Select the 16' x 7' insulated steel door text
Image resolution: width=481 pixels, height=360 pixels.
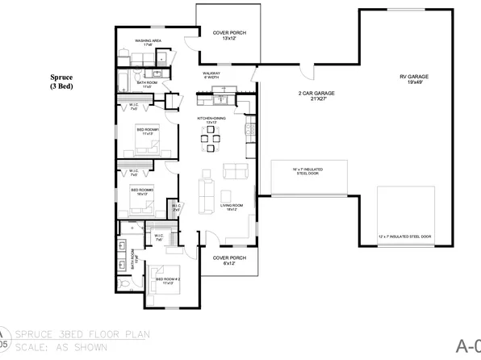309,171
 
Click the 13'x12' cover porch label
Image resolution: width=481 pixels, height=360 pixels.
229,35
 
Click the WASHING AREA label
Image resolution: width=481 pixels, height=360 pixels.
149,42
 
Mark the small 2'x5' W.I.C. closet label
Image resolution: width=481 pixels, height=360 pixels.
176,207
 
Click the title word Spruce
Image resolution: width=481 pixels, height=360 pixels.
61,77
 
